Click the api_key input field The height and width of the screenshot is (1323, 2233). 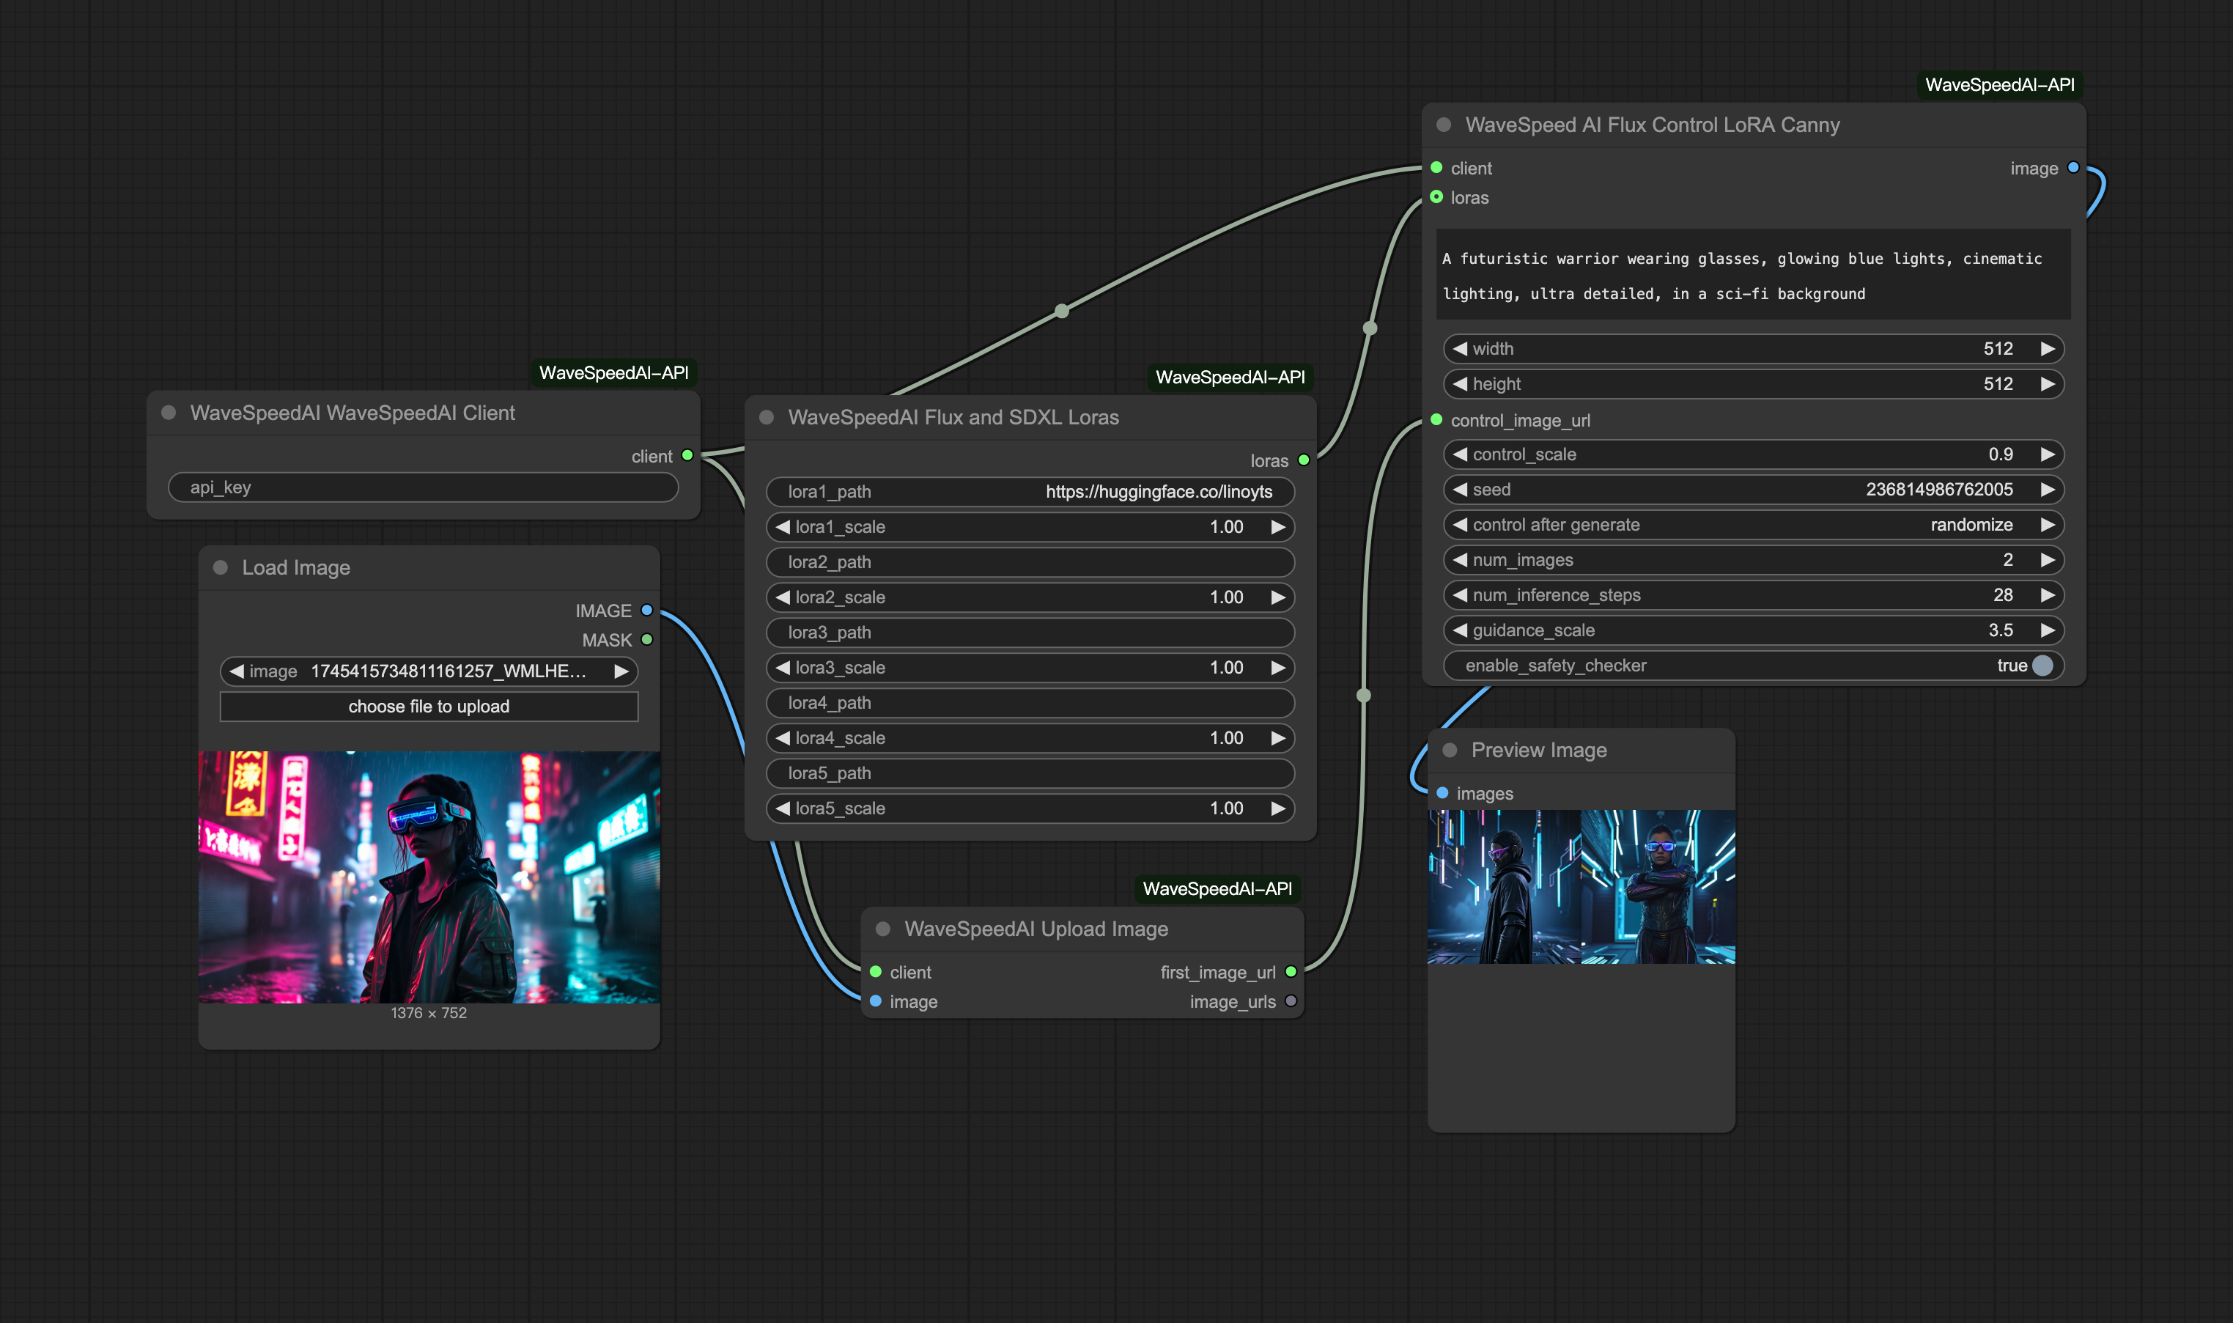tap(424, 487)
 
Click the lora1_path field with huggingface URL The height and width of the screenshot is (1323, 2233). tap(1030, 492)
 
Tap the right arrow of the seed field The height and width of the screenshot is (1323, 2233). tap(2048, 490)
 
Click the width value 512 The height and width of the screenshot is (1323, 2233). tap(1998, 349)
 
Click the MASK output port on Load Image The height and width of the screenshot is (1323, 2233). tap(647, 640)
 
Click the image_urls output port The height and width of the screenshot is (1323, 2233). tap(1291, 1001)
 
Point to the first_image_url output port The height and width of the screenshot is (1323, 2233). tap(1291, 972)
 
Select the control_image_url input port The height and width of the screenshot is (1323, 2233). tap(1436, 420)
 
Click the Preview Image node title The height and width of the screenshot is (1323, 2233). tap(1538, 751)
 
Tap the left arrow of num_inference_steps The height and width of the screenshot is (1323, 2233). tap(1459, 594)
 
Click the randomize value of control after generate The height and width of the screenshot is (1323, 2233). tap(1971, 525)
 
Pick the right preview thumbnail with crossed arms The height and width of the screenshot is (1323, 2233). tap(1658, 887)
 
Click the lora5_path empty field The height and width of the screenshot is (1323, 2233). tap(1030, 774)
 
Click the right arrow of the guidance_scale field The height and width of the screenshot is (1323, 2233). tap(2048, 630)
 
